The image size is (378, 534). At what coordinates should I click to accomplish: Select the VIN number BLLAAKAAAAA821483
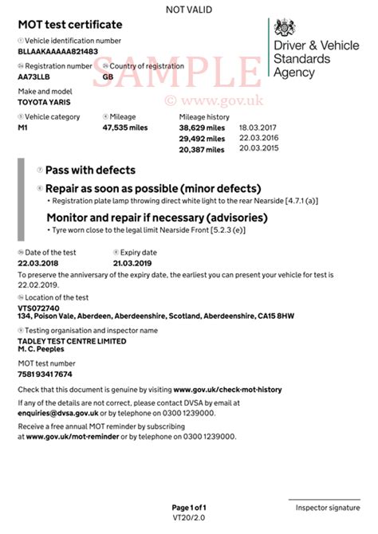click(x=57, y=51)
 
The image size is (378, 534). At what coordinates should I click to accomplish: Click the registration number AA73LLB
click(x=34, y=77)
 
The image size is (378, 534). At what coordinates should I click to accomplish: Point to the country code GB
click(x=108, y=77)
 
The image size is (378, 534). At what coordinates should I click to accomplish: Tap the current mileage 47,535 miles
click(x=127, y=128)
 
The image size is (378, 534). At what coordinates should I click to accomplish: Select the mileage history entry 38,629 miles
click(x=202, y=128)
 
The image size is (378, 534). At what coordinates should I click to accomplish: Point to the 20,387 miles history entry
click(x=202, y=149)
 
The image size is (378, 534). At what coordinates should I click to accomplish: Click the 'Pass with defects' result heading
click(x=90, y=171)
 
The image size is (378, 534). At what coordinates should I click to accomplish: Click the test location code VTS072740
click(x=39, y=307)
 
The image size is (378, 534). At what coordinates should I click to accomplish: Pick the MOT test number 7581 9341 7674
click(x=45, y=374)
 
